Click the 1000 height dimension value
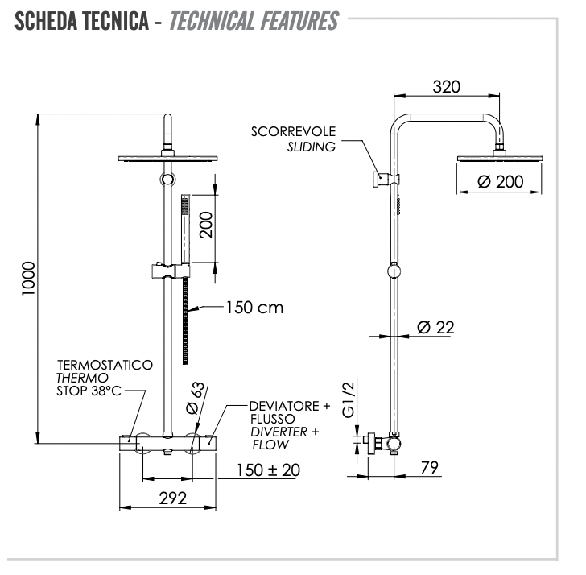click(x=29, y=278)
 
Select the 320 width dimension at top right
click(x=446, y=87)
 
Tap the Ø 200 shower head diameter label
click(x=499, y=182)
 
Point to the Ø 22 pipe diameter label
click(x=435, y=327)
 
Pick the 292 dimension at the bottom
click(x=171, y=498)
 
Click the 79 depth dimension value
click(x=429, y=468)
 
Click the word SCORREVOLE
click(x=293, y=131)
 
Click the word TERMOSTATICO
click(x=104, y=365)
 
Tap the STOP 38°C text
click(x=89, y=391)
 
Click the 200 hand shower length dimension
click(x=206, y=224)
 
